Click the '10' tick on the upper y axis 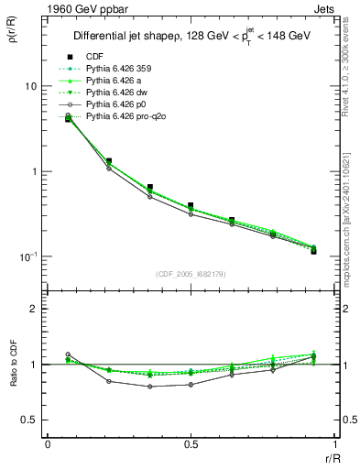[30, 86]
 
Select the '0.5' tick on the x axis [191, 443]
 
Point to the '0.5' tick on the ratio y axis [28, 420]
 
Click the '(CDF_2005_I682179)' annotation [191, 273]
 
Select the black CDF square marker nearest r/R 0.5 [191, 206]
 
